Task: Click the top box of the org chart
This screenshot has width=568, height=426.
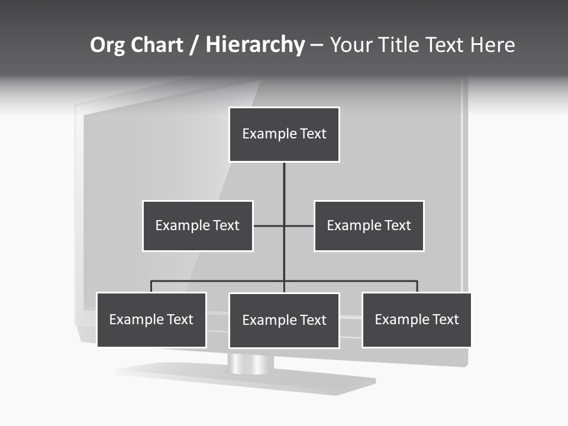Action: [x=284, y=134]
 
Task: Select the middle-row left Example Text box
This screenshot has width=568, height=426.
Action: [x=198, y=225]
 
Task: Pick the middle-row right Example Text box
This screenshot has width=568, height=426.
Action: [x=369, y=225]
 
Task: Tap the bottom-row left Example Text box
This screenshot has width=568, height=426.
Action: [x=151, y=319]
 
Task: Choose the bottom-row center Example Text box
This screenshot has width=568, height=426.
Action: [x=284, y=320]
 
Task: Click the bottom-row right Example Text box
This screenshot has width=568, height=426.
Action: [x=417, y=319]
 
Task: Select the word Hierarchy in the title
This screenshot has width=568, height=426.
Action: [x=255, y=45]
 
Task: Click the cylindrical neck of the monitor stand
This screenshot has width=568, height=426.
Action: [x=251, y=363]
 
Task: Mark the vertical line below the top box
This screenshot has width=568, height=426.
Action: [x=284, y=183]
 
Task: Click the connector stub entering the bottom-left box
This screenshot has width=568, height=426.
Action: [x=151, y=286]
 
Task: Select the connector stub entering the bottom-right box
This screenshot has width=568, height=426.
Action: [x=417, y=286]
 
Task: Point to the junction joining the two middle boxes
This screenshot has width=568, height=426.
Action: [x=284, y=226]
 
